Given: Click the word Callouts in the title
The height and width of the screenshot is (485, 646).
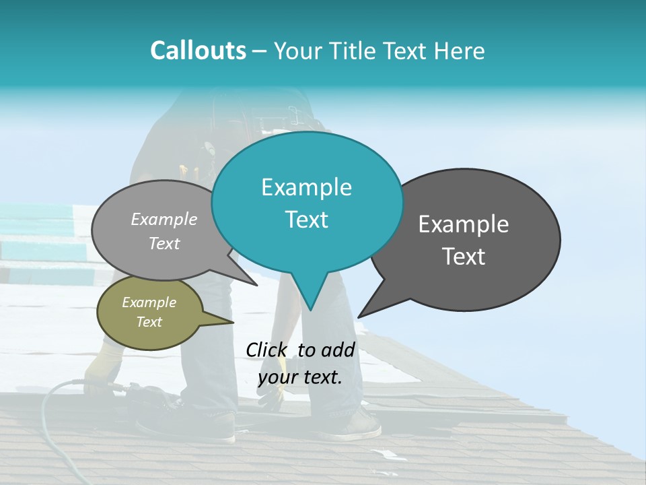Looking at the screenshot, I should click(199, 51).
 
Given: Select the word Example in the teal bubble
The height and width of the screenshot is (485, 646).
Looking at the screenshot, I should click(306, 187).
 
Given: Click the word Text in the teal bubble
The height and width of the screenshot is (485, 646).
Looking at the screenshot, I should click(306, 220).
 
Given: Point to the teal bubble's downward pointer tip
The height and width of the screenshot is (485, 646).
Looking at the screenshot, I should click(310, 311).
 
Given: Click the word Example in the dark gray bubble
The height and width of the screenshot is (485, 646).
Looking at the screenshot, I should click(464, 224).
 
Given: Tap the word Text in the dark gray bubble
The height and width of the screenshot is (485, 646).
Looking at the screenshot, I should click(464, 257).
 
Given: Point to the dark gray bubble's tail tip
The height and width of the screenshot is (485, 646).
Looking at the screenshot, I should click(359, 317).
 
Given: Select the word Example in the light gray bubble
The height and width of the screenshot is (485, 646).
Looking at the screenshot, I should click(164, 220).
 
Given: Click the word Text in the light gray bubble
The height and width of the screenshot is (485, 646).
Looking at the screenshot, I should click(164, 244).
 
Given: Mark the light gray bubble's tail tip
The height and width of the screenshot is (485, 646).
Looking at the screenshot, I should click(257, 286).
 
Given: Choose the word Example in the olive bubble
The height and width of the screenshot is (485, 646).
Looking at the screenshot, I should click(149, 302).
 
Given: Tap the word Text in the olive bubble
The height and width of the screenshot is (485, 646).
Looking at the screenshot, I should click(149, 322).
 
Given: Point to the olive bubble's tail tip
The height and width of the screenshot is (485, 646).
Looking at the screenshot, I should click(234, 322).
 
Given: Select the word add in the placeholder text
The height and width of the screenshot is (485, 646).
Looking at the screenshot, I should click(338, 350).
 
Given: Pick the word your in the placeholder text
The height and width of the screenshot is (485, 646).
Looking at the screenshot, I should click(278, 378).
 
